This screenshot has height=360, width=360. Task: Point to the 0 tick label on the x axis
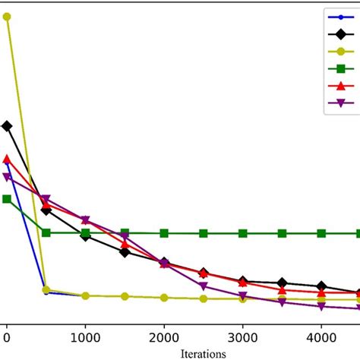[7, 335]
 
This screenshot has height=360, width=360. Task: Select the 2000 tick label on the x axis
[164, 335]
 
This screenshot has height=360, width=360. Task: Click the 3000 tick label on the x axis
[242, 335]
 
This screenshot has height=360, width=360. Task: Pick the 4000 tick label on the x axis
[321, 335]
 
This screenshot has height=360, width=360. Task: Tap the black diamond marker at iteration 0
[7, 126]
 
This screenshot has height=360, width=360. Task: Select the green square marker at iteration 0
[7, 199]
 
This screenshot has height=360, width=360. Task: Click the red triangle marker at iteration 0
[7, 159]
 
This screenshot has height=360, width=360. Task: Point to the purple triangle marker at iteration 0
[7, 177]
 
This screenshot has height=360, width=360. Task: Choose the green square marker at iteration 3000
[242, 233]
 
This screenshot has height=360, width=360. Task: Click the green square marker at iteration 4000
[321, 233]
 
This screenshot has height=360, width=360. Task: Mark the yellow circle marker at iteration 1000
[85, 295]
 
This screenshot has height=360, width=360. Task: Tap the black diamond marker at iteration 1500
[125, 251]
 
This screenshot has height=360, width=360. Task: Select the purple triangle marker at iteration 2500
[203, 286]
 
